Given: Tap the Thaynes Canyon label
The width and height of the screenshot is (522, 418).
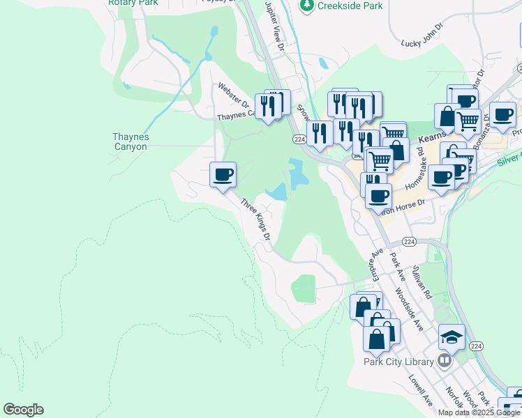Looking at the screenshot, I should point(130,142).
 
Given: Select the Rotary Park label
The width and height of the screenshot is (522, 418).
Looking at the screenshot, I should point(124,3).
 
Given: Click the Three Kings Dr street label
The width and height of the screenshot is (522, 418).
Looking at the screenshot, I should point(255,219).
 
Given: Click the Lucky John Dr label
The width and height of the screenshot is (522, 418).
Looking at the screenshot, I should point(423,43).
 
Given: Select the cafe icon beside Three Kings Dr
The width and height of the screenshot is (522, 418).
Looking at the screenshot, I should point(223,174).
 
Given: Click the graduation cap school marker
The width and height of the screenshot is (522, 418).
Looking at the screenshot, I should point(452,337).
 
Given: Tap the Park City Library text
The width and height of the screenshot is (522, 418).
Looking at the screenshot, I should point(398,361).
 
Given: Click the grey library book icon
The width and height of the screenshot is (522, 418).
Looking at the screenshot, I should point(444,360).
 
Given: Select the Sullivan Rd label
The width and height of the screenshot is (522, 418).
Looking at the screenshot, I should point(422,281).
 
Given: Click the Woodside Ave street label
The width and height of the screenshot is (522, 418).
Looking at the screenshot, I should point(409,306).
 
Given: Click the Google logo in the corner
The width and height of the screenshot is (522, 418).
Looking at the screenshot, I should point(23,410).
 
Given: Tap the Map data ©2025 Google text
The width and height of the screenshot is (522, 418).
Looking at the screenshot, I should point(479,412).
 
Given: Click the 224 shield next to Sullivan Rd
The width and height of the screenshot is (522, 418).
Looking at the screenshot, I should point(410,242).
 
